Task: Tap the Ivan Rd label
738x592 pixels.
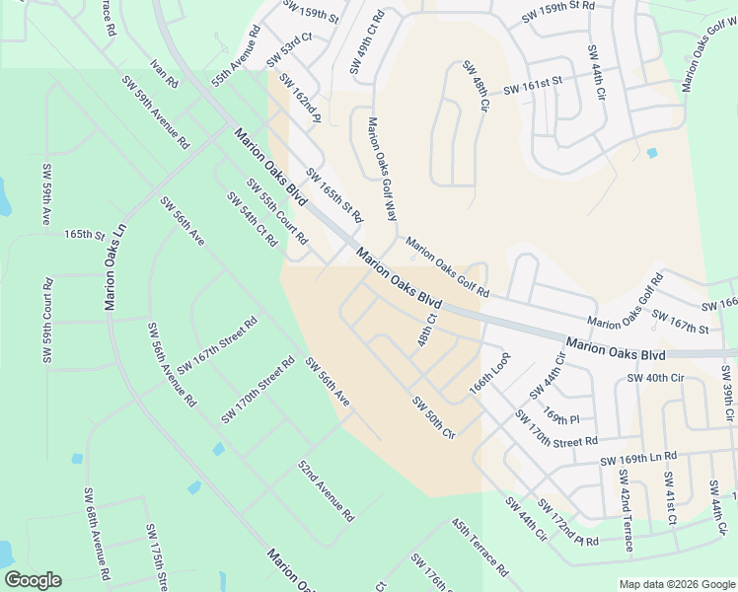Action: click(x=164, y=72)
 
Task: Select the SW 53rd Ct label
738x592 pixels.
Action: click(x=296, y=51)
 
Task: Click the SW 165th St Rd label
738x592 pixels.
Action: click(x=334, y=194)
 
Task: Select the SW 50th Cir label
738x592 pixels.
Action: click(x=433, y=417)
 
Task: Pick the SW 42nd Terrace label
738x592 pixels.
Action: click(x=625, y=502)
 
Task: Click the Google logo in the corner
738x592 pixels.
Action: click(x=33, y=580)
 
